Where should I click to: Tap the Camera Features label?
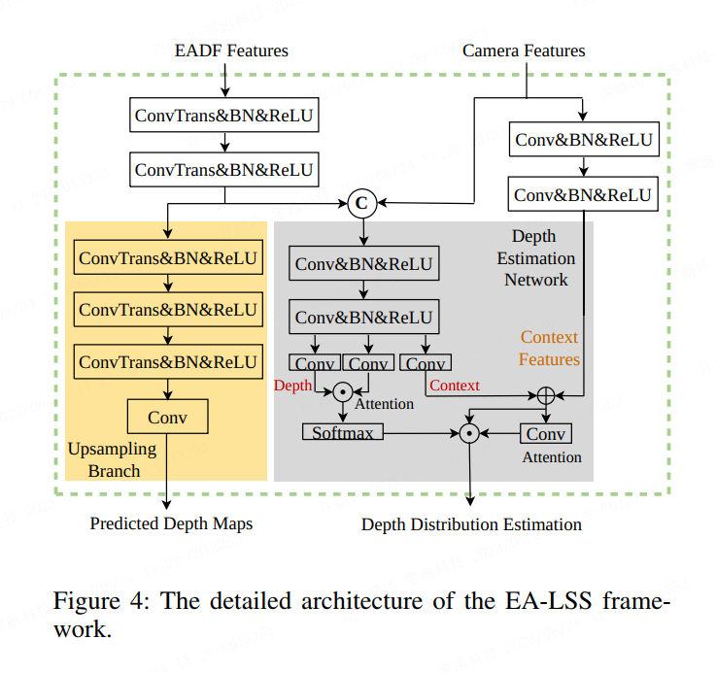(524, 50)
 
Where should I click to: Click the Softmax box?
(343, 432)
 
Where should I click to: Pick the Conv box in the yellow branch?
(167, 418)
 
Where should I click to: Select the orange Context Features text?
(549, 349)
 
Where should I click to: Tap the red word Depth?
(292, 386)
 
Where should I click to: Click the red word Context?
(455, 386)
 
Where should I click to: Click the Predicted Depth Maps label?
(171, 523)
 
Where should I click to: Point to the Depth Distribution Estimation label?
(471, 524)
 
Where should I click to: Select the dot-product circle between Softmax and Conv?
(469, 433)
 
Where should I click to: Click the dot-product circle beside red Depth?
(342, 391)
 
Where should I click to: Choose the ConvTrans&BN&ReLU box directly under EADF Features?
(224, 117)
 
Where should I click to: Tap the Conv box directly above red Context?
(425, 364)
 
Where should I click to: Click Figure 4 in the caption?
(97, 600)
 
